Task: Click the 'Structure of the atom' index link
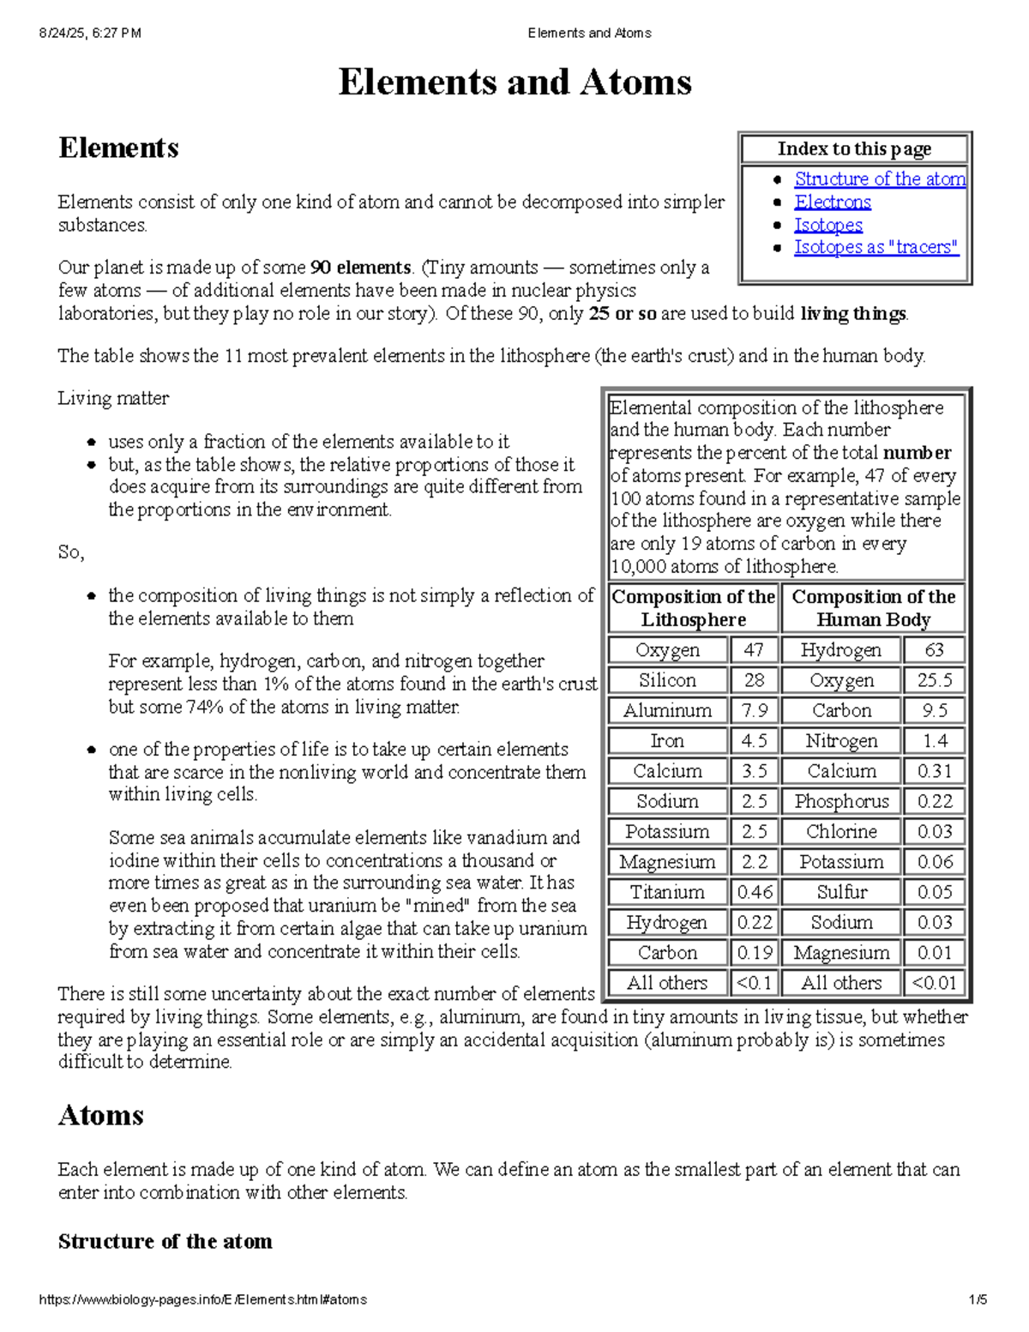[x=879, y=179]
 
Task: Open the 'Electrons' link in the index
[x=832, y=202]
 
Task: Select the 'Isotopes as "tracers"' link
[x=876, y=247]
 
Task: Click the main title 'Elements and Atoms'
[x=514, y=82]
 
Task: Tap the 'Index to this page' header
[x=854, y=149]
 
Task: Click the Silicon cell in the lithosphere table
[x=667, y=680]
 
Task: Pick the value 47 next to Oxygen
[x=754, y=650]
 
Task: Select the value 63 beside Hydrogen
[x=934, y=650]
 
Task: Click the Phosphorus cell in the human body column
[x=841, y=801]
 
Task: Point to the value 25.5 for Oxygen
[x=934, y=680]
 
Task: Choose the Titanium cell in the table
[x=667, y=892]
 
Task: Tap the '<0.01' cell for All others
[x=934, y=983]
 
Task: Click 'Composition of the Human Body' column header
[x=873, y=608]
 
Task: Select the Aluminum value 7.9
[x=754, y=710]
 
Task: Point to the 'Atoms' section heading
[x=101, y=1115]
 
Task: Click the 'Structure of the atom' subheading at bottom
[x=165, y=1241]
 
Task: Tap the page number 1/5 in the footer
[x=978, y=1299]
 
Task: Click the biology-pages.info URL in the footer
[x=202, y=1299]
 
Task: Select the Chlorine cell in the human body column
[x=841, y=831]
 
